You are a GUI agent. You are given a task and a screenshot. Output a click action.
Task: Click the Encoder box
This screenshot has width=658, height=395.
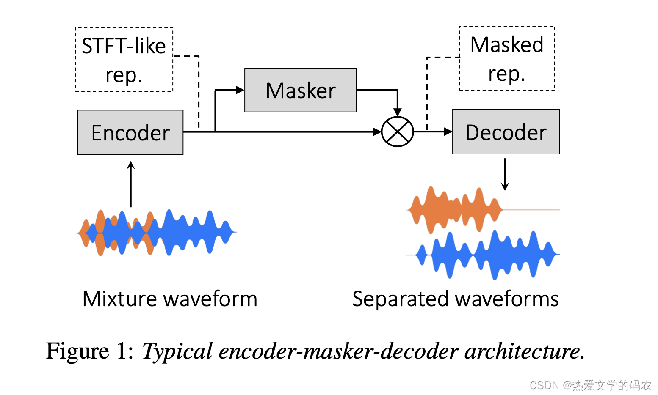click(x=130, y=132)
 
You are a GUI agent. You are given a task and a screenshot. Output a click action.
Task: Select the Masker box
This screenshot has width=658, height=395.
click(x=300, y=90)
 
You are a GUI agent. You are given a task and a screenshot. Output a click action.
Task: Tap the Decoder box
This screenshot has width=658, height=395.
click(x=506, y=132)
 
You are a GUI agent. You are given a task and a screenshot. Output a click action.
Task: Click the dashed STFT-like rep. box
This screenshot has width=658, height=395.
click(x=124, y=60)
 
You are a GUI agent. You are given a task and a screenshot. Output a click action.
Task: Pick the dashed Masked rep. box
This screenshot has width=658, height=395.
click(x=507, y=58)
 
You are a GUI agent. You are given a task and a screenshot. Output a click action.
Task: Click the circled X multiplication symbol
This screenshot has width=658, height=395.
click(x=397, y=132)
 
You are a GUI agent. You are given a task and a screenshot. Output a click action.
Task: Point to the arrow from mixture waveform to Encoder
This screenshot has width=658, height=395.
click(x=131, y=184)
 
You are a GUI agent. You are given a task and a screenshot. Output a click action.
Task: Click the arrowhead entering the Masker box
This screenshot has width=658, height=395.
click(x=240, y=90)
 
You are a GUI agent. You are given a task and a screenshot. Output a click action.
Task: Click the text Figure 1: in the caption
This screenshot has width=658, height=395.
click(x=90, y=351)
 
